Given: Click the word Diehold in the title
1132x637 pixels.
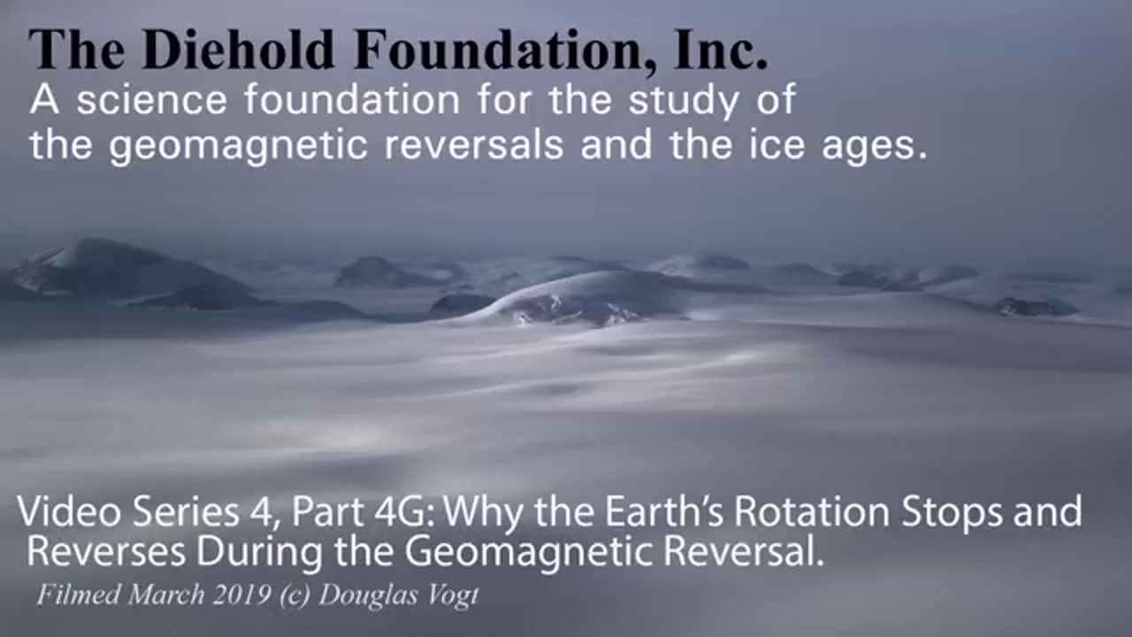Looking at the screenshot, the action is pos(239,49).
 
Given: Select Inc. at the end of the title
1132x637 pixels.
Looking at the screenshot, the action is pos(721,49).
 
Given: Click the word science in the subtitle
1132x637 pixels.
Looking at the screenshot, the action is pos(151,99).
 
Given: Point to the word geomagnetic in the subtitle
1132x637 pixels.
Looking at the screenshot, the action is pos(238,146).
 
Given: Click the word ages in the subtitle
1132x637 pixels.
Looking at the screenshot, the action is pos(876,147).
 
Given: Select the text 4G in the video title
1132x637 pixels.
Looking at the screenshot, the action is pos(406,511).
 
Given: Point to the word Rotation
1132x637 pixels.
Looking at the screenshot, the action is pos(812,511).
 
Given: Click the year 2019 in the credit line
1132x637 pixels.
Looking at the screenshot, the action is pos(241,595).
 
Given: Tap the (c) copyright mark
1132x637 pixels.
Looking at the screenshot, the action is pos(294,596).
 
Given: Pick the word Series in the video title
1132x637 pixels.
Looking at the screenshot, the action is pos(186,511).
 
